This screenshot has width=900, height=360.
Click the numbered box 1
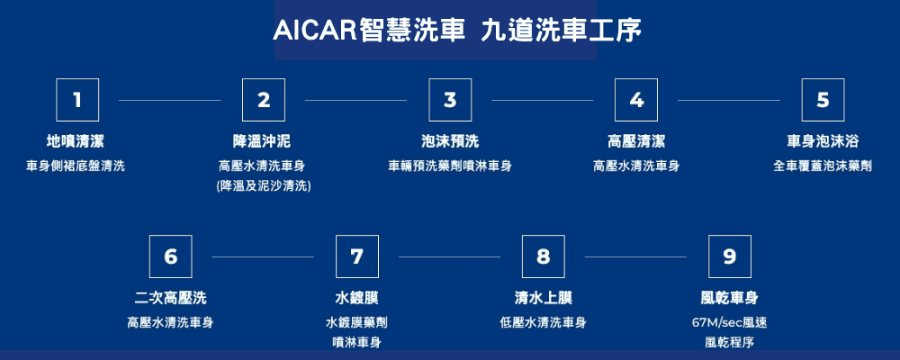tap(77, 100)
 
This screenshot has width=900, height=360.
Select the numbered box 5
tap(823, 100)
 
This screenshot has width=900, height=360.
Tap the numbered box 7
tap(357, 256)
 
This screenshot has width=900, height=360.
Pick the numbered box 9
tap(730, 256)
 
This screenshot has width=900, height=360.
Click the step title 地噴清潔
tap(76, 141)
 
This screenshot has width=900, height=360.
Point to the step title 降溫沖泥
tap(262, 141)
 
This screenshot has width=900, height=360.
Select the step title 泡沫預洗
tap(450, 141)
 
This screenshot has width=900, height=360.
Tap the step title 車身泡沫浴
tap(823, 141)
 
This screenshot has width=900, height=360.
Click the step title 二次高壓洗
tap(170, 298)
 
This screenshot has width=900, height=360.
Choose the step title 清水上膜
tap(543, 298)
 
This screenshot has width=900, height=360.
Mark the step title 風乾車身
tap(730, 298)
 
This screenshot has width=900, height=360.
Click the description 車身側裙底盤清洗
tap(76, 166)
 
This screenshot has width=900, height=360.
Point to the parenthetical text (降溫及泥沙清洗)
tap(264, 186)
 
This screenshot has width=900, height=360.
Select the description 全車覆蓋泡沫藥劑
tap(823, 166)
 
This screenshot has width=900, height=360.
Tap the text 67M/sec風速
tap(730, 323)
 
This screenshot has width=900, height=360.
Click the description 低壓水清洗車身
tap(543, 323)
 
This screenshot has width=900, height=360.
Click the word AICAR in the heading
tap(312, 31)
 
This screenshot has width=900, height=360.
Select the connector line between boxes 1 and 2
tap(169, 101)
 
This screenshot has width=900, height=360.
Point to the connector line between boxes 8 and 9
tap(635, 256)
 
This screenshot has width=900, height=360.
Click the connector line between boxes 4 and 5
tap(729, 101)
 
